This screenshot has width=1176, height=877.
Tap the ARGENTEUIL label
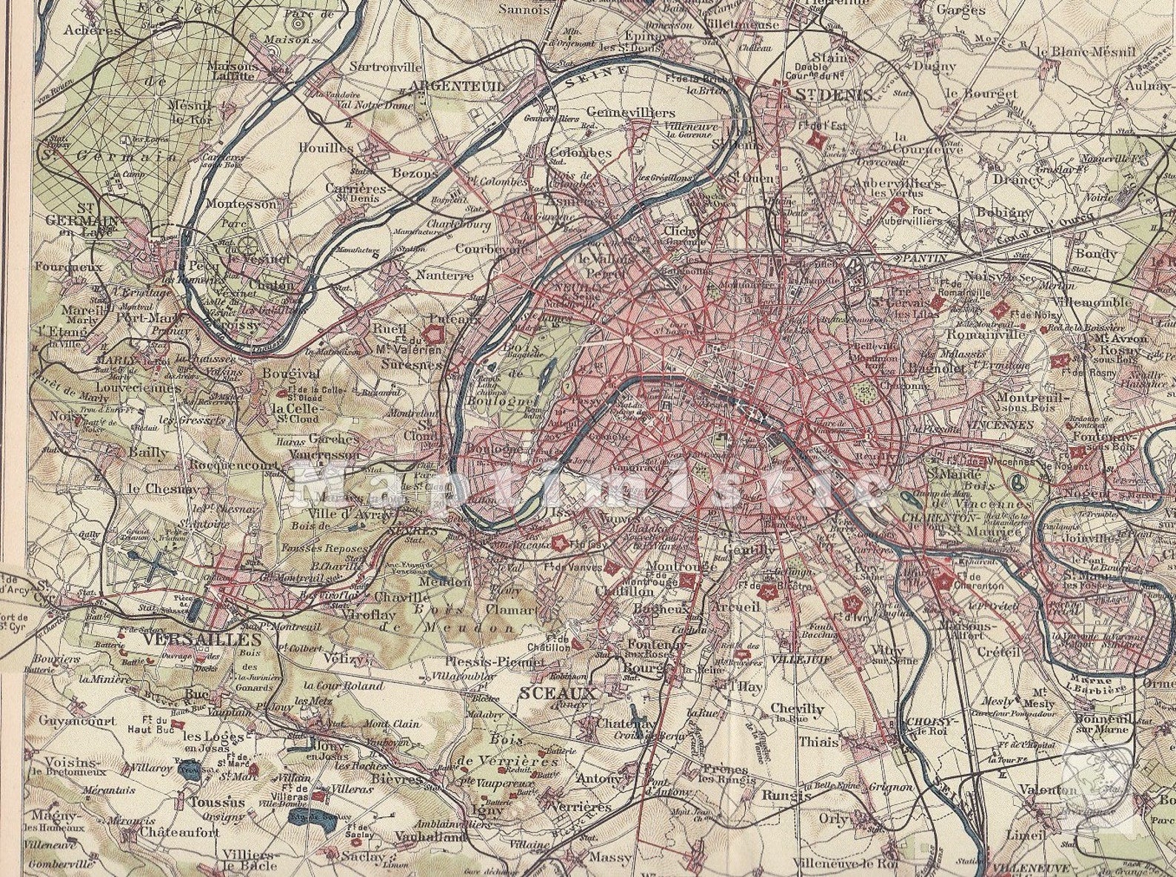tap(455, 87)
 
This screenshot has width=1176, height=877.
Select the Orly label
tap(833, 819)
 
